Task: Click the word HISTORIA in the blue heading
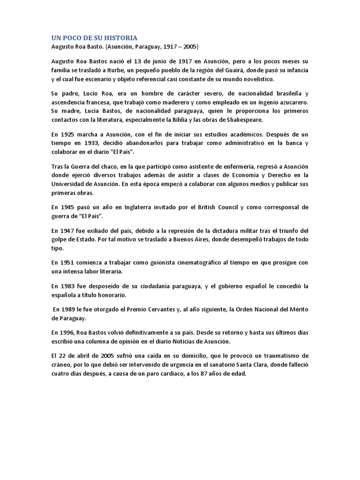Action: click(x=120, y=37)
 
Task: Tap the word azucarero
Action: click(x=291, y=102)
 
